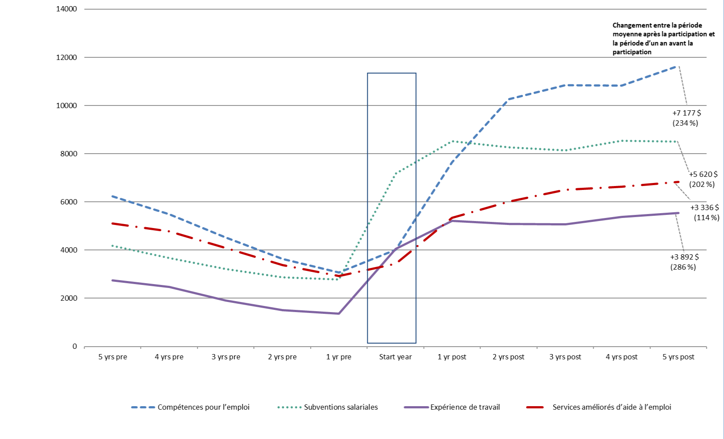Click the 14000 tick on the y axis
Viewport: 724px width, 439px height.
click(x=67, y=9)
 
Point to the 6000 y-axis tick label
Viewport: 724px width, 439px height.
click(x=68, y=202)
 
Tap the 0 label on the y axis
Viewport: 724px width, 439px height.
click(x=74, y=346)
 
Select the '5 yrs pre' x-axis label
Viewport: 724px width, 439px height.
click(x=112, y=357)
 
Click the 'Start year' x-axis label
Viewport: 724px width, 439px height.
click(x=395, y=357)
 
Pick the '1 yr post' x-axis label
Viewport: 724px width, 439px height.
click(x=452, y=357)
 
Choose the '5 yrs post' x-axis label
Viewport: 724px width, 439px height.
click(x=678, y=357)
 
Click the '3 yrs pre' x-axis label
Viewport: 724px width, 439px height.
click(x=226, y=357)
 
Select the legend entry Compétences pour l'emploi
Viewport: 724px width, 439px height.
click(x=203, y=407)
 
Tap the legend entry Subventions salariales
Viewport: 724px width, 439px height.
click(x=341, y=407)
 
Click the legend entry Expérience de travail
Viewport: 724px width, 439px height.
click(x=465, y=407)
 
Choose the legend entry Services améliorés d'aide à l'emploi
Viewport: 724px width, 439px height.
click(x=612, y=407)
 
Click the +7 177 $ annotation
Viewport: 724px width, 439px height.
click(x=686, y=113)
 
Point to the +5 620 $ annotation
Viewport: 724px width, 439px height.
click(x=703, y=174)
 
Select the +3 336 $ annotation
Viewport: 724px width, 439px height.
click(x=704, y=207)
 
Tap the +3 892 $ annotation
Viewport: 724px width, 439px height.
click(x=684, y=257)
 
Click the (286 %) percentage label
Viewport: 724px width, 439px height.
click(x=683, y=267)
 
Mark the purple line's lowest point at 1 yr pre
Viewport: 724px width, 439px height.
click(x=339, y=313)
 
